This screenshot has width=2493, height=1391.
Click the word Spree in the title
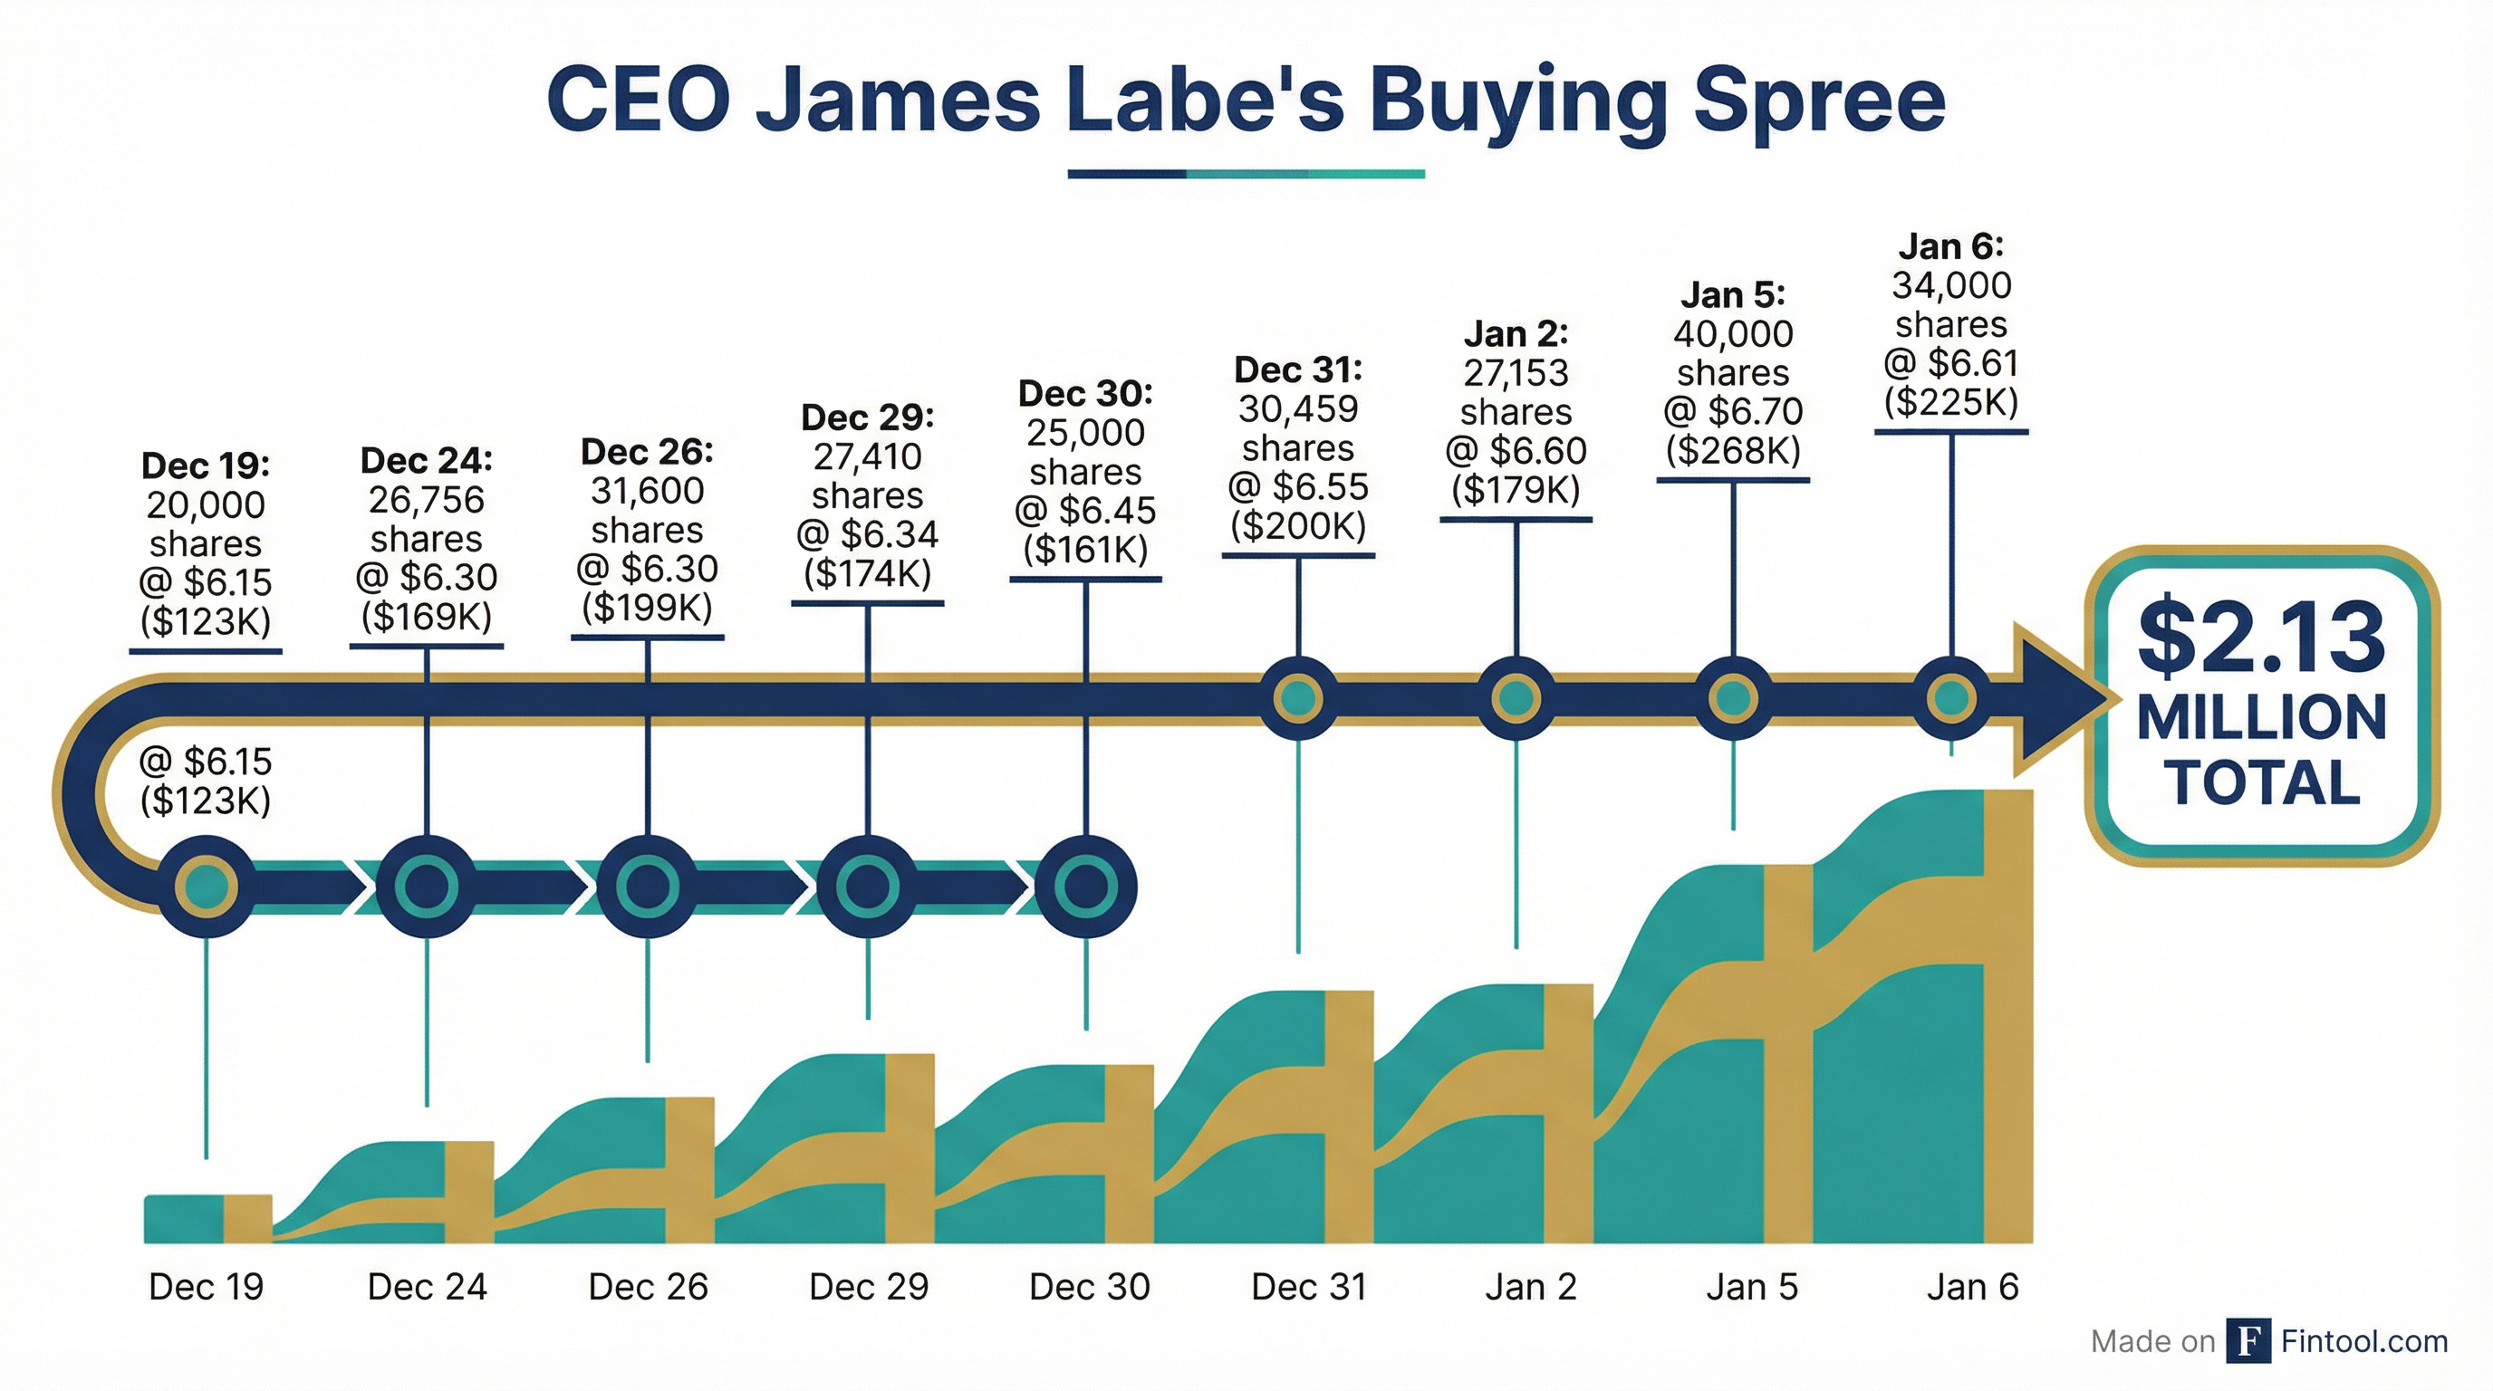point(1819,101)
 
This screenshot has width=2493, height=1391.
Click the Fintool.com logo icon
point(2248,1340)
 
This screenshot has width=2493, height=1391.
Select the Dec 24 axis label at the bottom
point(427,1287)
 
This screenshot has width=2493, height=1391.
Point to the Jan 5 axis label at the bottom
point(1751,1287)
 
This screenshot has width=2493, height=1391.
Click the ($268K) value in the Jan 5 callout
point(1732,450)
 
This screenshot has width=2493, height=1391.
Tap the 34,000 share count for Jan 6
point(1951,285)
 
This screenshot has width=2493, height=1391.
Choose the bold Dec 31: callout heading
point(1298,369)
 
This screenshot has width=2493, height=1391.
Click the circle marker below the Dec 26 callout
point(648,886)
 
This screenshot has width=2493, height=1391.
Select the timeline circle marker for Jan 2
point(1516,697)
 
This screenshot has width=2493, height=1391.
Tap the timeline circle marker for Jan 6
point(1951,697)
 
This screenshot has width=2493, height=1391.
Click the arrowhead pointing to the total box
point(2056,698)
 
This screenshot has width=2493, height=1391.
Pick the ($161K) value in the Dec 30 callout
point(1085,550)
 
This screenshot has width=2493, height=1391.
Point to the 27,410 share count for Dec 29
point(867,456)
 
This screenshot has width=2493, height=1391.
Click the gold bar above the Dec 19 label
point(247,1218)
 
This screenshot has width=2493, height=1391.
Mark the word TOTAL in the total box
point(2262,782)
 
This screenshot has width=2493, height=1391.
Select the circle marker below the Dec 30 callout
point(1085,886)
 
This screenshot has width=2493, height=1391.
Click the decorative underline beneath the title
point(1246,174)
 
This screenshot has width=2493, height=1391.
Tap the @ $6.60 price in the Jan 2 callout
point(1516,451)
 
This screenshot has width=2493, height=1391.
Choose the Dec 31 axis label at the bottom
point(1308,1287)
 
